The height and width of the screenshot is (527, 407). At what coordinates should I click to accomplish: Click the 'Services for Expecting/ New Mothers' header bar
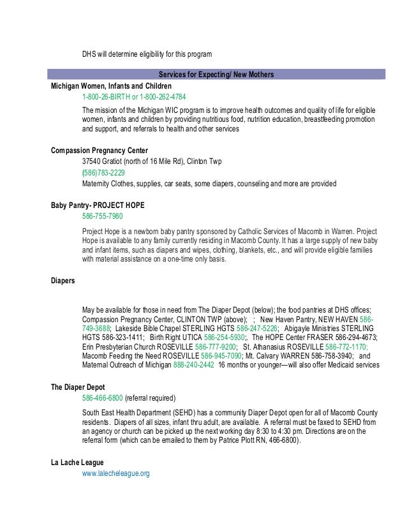tap(216, 75)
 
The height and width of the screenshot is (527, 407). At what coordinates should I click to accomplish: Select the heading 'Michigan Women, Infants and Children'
tap(111, 85)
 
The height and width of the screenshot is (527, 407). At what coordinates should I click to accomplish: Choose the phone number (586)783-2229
tap(103, 173)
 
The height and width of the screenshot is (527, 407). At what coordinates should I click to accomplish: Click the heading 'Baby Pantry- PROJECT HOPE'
tap(98, 205)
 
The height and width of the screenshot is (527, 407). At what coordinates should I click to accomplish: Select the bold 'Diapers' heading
tap(63, 279)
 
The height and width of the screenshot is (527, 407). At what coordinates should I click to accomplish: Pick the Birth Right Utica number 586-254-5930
tap(225, 337)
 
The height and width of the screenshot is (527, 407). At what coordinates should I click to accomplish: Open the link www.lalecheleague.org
tap(115, 473)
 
